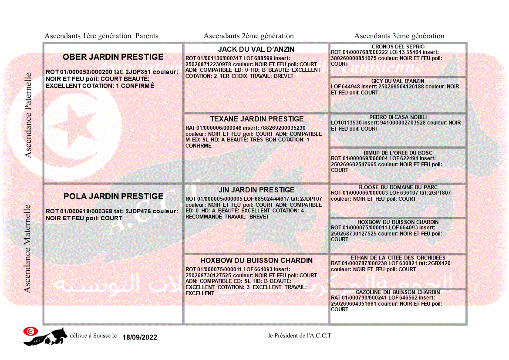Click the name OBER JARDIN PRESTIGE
113,57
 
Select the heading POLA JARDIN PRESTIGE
113,196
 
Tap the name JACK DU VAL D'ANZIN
256,50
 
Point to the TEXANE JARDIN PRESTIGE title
257,119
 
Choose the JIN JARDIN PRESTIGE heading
256,190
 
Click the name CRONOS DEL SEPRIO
398,47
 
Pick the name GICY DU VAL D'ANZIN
398,81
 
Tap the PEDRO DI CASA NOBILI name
398,117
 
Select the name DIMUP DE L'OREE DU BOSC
398,153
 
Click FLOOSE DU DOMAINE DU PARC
398,187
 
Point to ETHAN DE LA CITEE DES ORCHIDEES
398,258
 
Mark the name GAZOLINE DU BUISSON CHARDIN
398,292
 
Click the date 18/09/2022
140,337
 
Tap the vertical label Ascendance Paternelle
28,115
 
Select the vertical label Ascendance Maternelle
27,248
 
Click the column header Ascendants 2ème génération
249,36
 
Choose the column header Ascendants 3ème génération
399,36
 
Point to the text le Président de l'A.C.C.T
300,336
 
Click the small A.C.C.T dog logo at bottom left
45,336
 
